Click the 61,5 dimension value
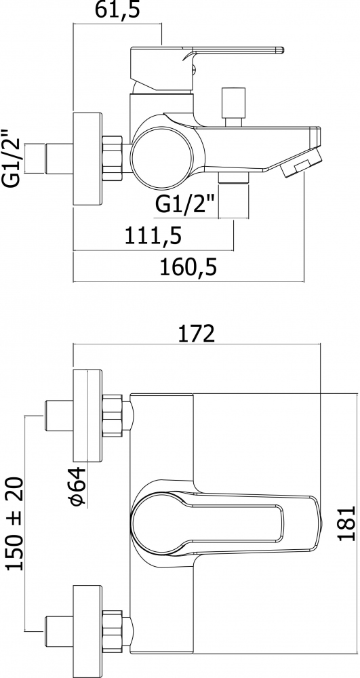point(117,10)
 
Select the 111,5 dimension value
point(153,236)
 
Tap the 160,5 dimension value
point(188,267)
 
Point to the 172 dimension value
point(196,334)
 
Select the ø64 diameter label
point(78,487)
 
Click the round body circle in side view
point(161,156)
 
